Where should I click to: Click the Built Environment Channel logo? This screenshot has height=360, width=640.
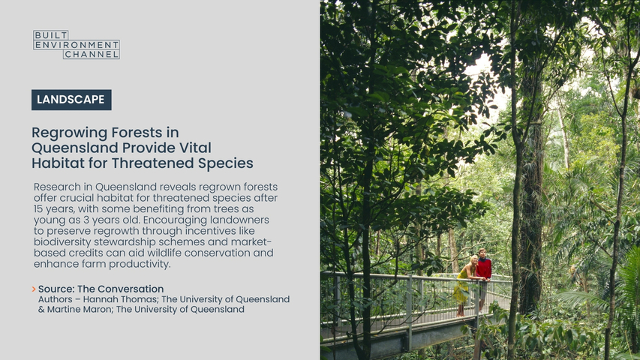(x=77, y=44)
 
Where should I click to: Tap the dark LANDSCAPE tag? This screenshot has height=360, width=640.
(x=71, y=100)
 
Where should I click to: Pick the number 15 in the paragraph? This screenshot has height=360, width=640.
(x=39, y=209)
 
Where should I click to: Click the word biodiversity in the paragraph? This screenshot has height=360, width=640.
(x=62, y=242)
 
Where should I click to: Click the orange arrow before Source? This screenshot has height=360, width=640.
(x=34, y=289)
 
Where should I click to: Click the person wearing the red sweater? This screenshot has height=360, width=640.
(x=483, y=277)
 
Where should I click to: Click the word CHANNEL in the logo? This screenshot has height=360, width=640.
(x=92, y=54)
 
